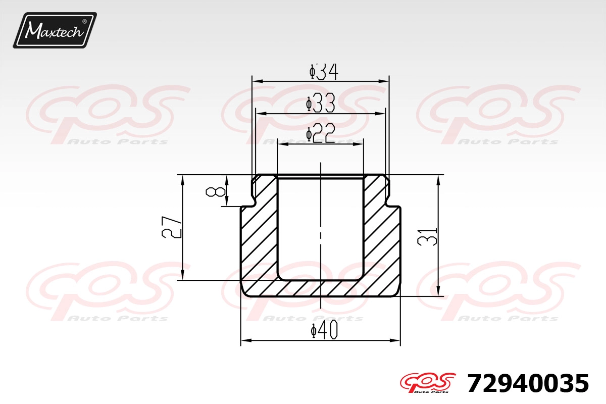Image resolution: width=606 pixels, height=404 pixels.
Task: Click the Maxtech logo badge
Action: tap(55, 30)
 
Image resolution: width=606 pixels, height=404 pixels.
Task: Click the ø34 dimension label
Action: tap(324, 72)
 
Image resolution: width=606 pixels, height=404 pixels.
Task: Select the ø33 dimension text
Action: tap(321, 103)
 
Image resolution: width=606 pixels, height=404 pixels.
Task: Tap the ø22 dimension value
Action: tap(321, 133)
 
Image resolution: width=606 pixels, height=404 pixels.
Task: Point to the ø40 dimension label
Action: tap(324, 329)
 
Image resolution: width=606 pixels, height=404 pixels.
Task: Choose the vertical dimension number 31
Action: tap(427, 237)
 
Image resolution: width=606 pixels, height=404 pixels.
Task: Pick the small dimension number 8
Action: tap(215, 192)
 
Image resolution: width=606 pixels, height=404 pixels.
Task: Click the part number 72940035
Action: tap(528, 383)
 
